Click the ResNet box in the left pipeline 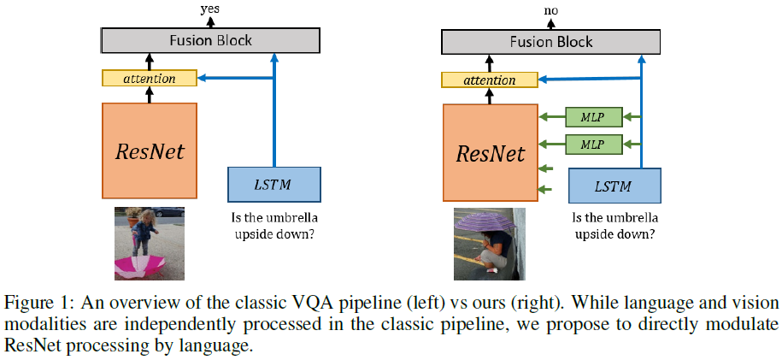pos(150,150)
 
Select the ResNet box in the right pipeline pos(491,153)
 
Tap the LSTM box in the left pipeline pos(273,184)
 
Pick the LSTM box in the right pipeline pos(614,186)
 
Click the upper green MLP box pos(594,117)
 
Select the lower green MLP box pos(594,145)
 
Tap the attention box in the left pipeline pos(150,78)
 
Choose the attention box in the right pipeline pos(489,80)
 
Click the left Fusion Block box pos(210,40)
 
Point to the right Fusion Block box pos(551,41)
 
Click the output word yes pos(210,9)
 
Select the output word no pos(550,9)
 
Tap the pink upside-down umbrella pos(140,266)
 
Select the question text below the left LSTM pos(274,227)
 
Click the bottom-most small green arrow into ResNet pos(546,189)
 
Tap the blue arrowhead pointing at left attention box pos(202,78)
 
